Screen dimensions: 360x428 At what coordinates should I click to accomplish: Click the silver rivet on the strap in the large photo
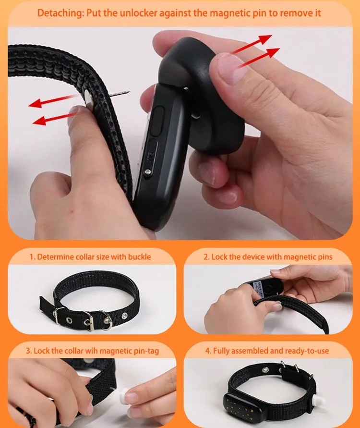click(x=88, y=98)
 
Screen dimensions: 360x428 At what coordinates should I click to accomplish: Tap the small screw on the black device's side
click(x=148, y=171)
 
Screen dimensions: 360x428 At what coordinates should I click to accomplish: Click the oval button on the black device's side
click(x=157, y=121)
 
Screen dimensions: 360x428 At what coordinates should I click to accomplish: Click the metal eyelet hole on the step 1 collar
click(x=69, y=320)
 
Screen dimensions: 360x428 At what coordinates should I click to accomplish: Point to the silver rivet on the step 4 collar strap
click(x=264, y=370)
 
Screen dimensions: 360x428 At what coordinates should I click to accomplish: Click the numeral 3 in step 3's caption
click(x=28, y=351)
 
